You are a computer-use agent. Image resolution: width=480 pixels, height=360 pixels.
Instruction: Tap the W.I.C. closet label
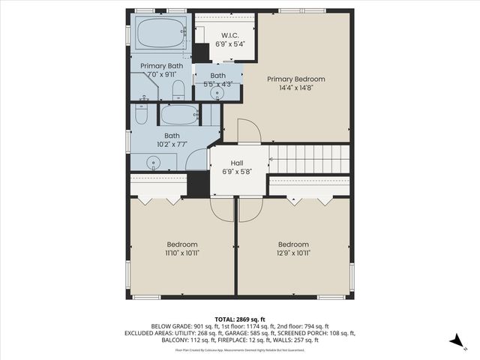pyautogui.click(x=229, y=35)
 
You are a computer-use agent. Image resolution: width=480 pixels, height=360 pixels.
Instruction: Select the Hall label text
pyautogui.click(x=237, y=163)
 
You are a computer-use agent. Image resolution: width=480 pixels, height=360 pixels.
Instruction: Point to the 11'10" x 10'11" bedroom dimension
pyautogui.click(x=182, y=253)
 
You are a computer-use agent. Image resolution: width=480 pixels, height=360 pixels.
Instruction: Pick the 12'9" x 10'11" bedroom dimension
pyautogui.click(x=293, y=253)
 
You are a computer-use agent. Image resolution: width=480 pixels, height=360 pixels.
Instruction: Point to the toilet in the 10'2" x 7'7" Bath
pyautogui.click(x=142, y=115)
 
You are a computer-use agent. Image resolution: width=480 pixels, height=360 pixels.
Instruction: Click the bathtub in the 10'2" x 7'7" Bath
pyautogui.click(x=179, y=115)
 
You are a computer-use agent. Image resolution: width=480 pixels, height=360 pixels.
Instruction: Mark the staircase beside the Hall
pyautogui.click(x=310, y=159)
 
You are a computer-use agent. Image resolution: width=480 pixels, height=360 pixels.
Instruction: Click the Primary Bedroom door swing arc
pyautogui.click(x=249, y=130)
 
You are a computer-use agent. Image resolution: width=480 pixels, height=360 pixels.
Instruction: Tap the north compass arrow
pyautogui.click(x=454, y=340)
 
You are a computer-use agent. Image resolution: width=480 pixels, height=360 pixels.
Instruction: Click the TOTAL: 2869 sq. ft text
pyautogui.click(x=240, y=319)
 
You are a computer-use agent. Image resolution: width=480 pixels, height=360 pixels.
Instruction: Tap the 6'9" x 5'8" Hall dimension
pyautogui.click(x=237, y=172)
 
